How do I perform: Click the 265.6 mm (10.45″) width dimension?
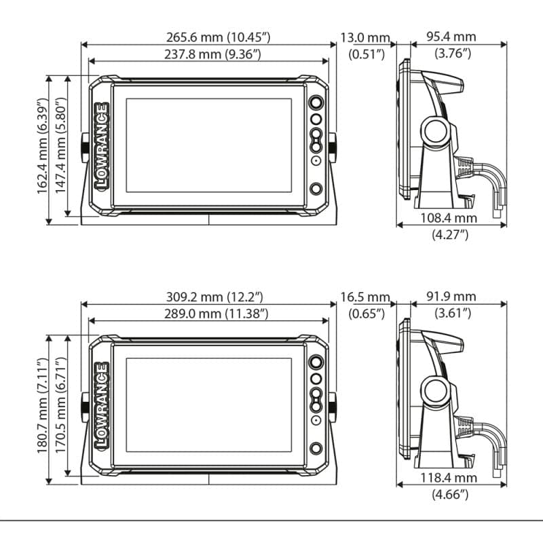click(x=218, y=37)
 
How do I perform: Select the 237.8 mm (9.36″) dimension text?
click(x=212, y=54)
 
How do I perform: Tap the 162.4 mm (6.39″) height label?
click(x=42, y=146)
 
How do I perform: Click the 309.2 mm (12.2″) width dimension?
click(x=214, y=297)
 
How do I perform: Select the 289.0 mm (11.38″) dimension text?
click(x=216, y=314)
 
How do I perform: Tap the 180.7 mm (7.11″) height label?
click(x=42, y=405)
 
